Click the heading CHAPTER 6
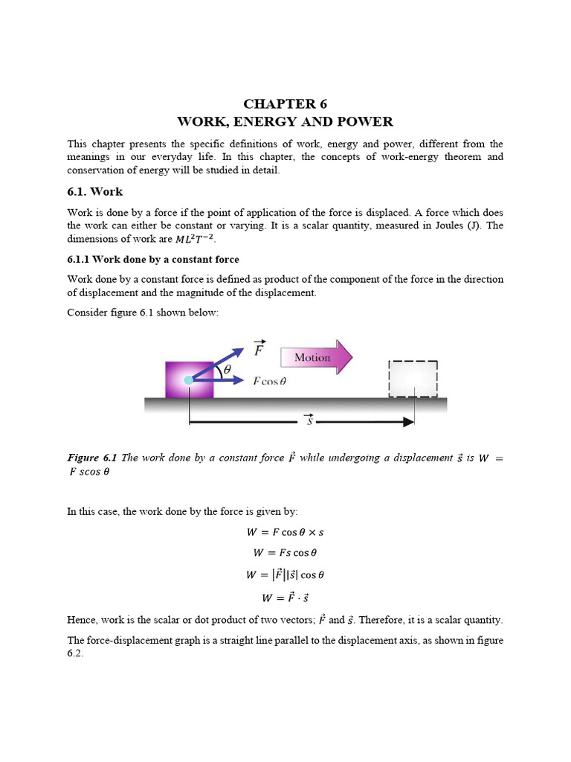point(285,104)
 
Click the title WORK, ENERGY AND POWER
point(285,121)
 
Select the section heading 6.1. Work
point(94,191)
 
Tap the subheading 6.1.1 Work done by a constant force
point(153,260)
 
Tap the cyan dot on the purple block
point(189,380)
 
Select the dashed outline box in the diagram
point(413,380)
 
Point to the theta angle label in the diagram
point(227,369)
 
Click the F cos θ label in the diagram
point(269,380)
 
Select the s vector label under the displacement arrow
point(309,422)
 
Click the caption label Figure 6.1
point(92,458)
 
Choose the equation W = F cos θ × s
point(285,533)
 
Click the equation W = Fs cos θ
point(285,553)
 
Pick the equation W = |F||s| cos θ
point(285,574)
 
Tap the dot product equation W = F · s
point(285,597)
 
